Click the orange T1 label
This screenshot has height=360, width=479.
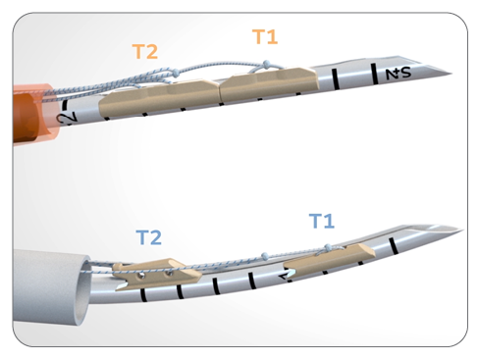click(x=265, y=37)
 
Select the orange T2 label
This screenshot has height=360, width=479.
click(x=145, y=52)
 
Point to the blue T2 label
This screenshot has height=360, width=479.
click(x=149, y=237)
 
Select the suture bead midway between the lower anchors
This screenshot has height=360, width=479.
click(x=234, y=258)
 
